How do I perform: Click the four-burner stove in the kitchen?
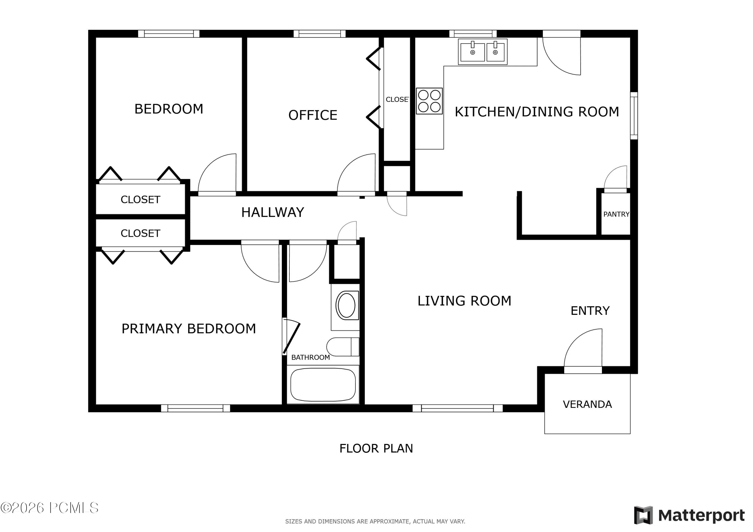[429, 101]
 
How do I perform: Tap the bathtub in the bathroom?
[323, 385]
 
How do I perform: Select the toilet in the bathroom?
[343, 347]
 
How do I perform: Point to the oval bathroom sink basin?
[346, 305]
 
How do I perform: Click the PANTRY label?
[616, 214]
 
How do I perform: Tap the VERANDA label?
[587, 405]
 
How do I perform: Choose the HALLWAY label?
[273, 212]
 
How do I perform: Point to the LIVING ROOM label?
[464, 301]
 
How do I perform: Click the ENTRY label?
[590, 311]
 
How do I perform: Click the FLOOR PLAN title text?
[376, 448]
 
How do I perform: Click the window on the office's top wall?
[320, 33]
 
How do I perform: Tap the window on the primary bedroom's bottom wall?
[196, 408]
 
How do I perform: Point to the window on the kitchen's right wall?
[634, 116]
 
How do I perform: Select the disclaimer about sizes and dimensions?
[375, 521]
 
